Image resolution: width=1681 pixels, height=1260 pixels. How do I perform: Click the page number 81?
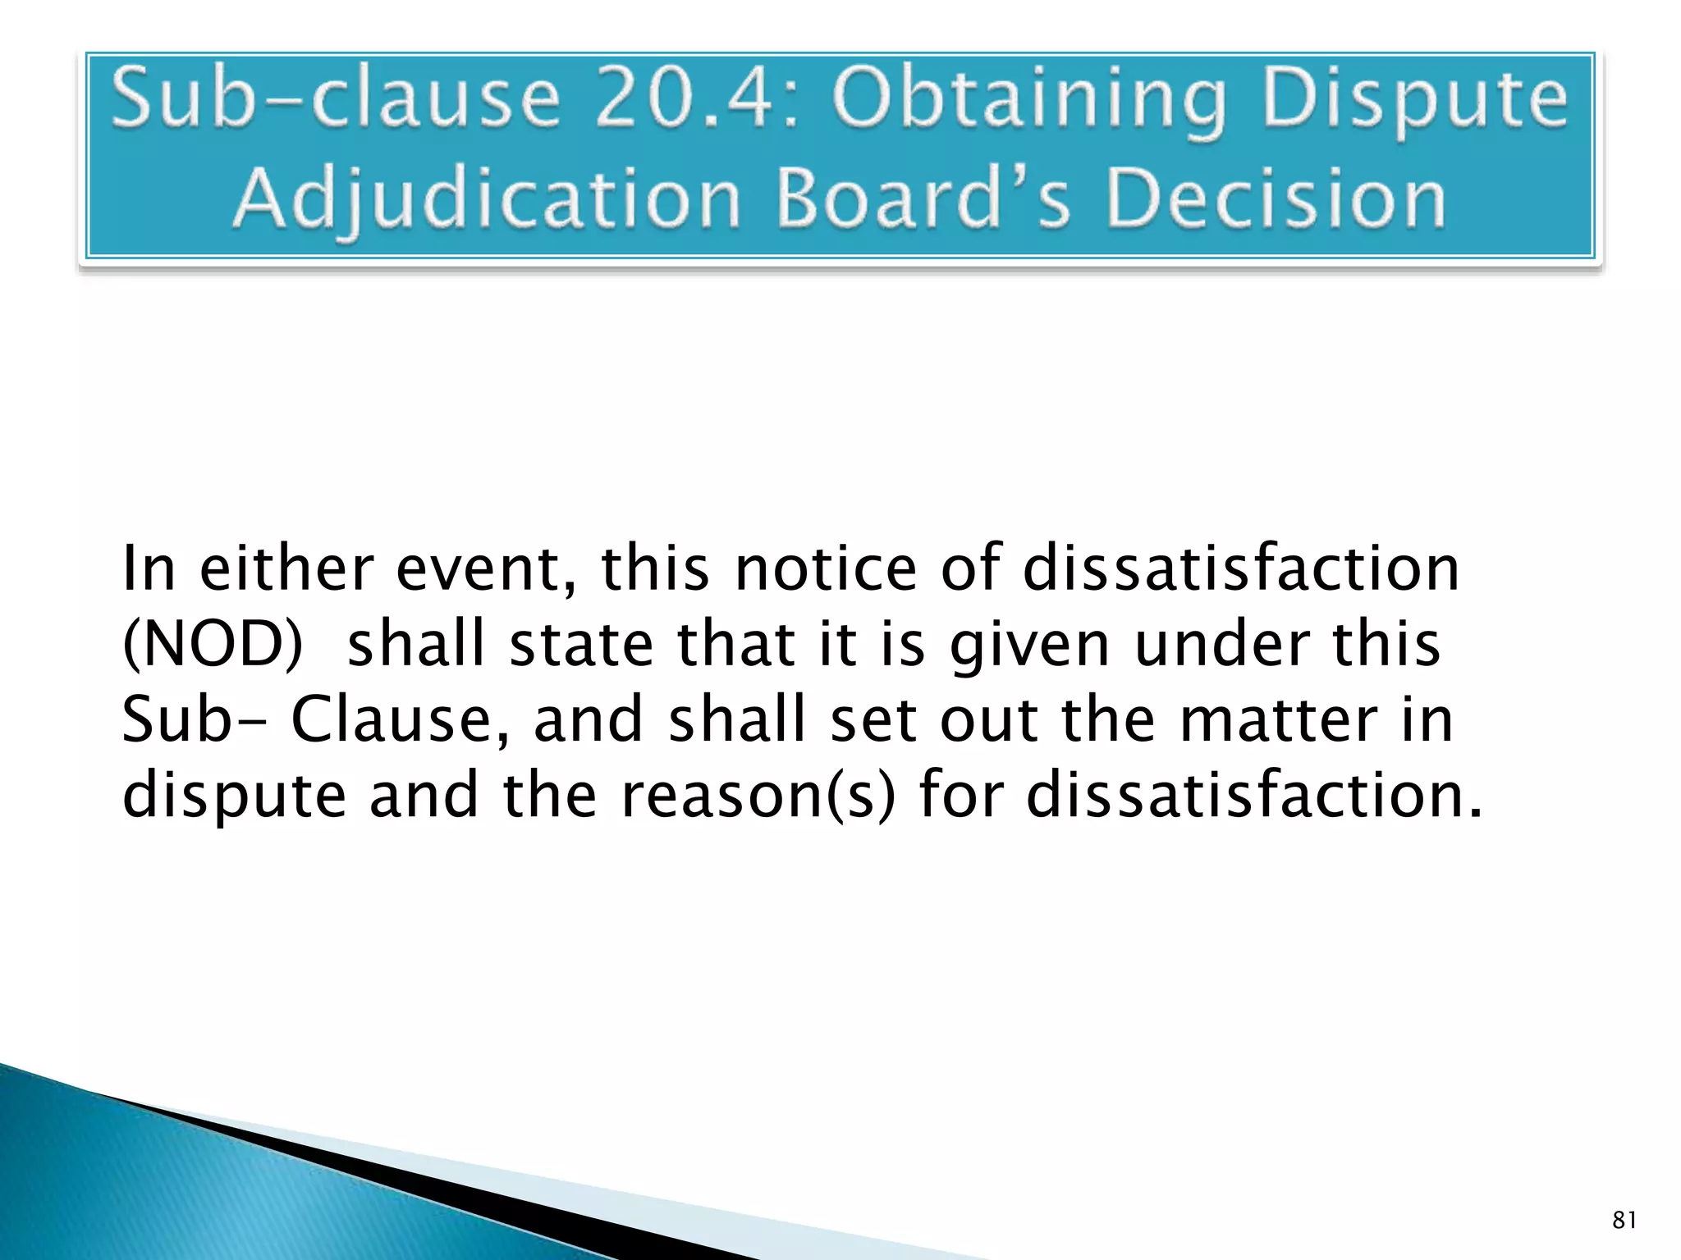point(1624,1221)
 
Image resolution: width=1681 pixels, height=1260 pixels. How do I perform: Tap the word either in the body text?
point(286,568)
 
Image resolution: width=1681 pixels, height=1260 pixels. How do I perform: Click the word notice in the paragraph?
point(826,568)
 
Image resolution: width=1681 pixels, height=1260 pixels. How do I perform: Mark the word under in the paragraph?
point(1221,645)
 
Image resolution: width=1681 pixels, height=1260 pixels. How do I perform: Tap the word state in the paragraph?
point(581,645)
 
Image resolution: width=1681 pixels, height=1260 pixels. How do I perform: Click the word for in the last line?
point(961,796)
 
